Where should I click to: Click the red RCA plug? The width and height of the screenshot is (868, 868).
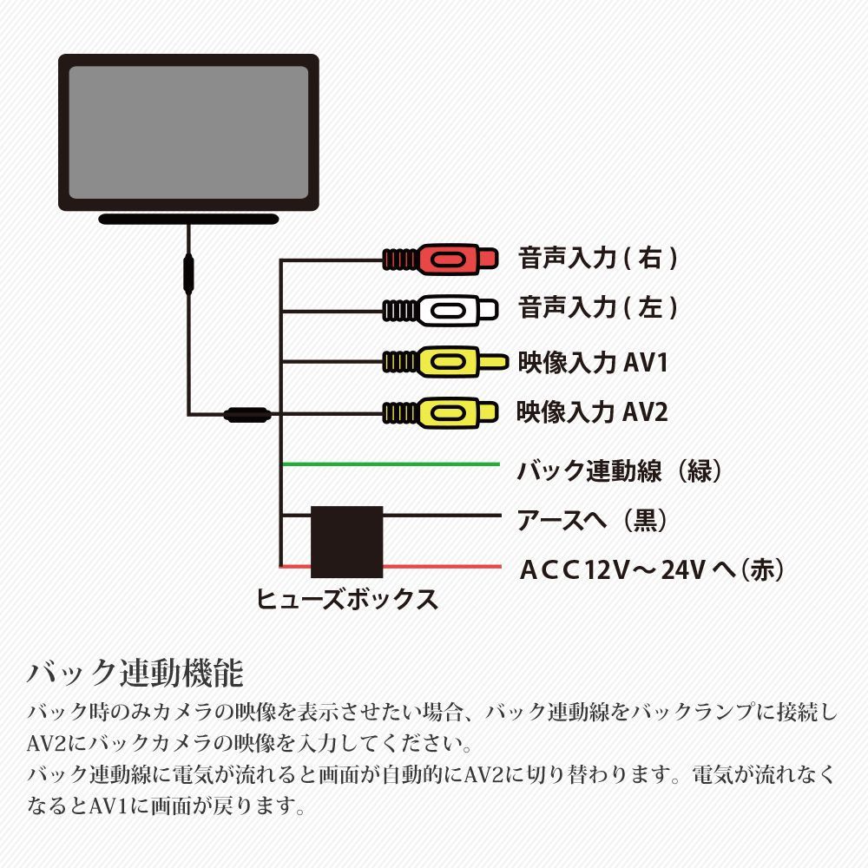point(441,258)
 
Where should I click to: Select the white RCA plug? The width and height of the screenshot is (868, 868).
point(441,308)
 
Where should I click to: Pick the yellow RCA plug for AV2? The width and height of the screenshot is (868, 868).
point(441,411)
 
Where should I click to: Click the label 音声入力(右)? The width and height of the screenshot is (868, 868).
point(598,258)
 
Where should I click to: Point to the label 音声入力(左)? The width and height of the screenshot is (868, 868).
point(598,308)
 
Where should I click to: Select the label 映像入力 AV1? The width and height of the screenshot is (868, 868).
point(592,361)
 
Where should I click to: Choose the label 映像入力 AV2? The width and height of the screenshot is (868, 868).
point(592,411)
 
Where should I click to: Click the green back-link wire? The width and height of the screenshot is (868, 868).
point(391,464)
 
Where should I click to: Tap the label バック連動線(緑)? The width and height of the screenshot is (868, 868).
point(620,471)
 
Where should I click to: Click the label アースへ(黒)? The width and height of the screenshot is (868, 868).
point(592,520)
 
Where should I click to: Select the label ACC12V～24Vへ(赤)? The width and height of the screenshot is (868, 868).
point(652,570)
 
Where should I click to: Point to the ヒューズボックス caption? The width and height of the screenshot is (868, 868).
point(347,599)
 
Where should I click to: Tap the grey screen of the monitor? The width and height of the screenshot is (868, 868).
point(188,133)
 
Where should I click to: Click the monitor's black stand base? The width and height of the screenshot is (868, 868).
point(187,219)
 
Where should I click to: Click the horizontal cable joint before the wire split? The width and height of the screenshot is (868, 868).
point(247,414)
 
